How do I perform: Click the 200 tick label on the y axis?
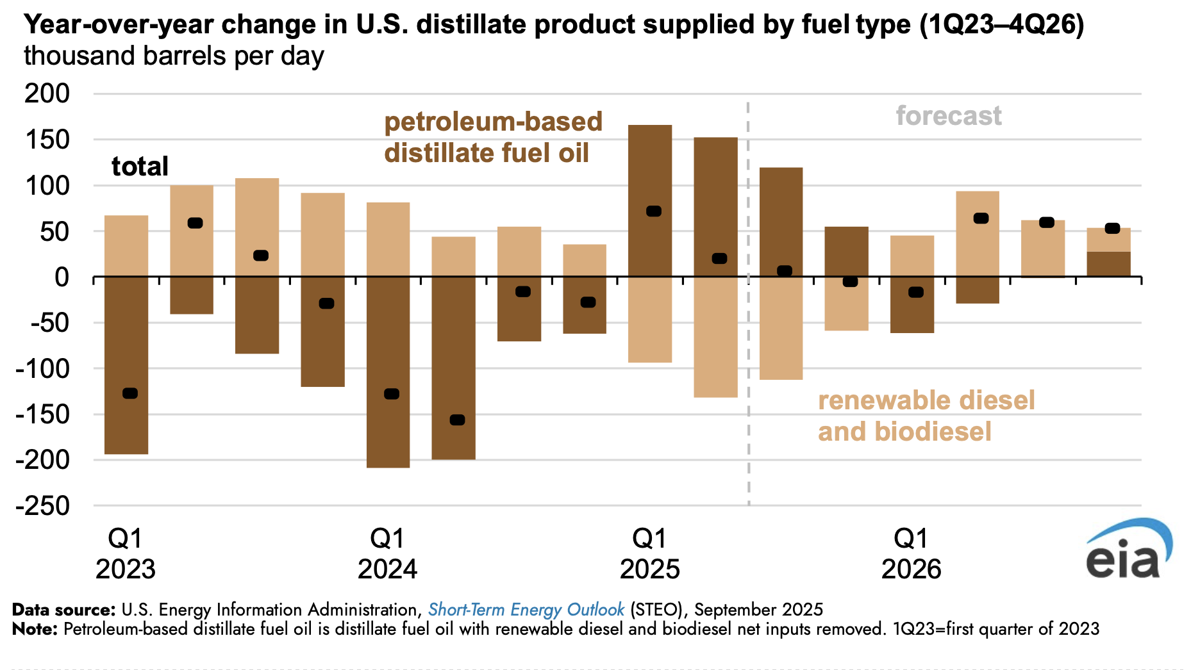click(x=47, y=94)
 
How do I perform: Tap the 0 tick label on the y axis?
click(x=62, y=277)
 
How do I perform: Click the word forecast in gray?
click(x=948, y=116)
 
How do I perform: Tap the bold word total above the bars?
click(x=140, y=167)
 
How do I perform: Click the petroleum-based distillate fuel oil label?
click(x=493, y=137)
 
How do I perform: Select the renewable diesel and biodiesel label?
click(x=926, y=416)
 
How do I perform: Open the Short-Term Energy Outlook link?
click(x=526, y=609)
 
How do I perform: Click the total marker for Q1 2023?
click(x=130, y=393)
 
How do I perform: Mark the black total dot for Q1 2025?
click(x=654, y=211)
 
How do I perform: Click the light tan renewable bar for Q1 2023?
click(x=126, y=246)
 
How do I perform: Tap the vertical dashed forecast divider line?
click(x=748, y=384)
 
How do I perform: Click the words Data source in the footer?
click(x=63, y=609)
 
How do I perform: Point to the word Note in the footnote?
click(x=35, y=629)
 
